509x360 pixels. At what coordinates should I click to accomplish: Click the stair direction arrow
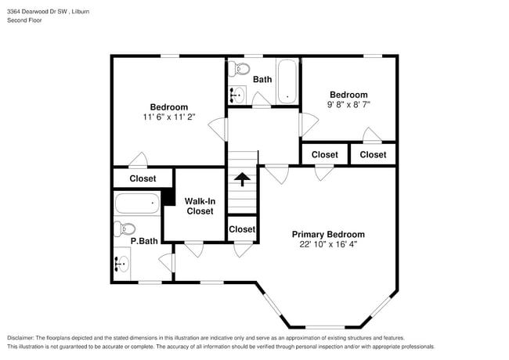coord(242,179)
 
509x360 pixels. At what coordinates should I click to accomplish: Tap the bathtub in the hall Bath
coord(287,81)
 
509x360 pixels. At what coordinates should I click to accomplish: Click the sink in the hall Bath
coord(236,95)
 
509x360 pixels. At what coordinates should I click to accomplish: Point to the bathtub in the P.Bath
coord(137,204)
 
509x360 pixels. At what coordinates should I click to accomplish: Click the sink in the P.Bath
coord(121,264)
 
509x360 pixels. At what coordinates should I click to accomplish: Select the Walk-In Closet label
coord(199,206)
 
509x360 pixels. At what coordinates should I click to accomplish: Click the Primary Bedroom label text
coord(328,234)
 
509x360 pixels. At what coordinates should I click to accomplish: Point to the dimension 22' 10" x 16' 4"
coord(328,244)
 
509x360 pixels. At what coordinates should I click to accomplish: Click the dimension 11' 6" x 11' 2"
coord(168,117)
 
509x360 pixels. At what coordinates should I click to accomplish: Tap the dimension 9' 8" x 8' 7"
coord(348,104)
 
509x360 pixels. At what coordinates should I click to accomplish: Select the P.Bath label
coord(145,242)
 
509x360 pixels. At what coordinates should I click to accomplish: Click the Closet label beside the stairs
coord(242,229)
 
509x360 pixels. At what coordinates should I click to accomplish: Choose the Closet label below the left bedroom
coord(143,178)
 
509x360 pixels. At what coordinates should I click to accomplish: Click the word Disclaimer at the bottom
coord(24,337)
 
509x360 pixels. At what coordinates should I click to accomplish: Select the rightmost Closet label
coord(373,154)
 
